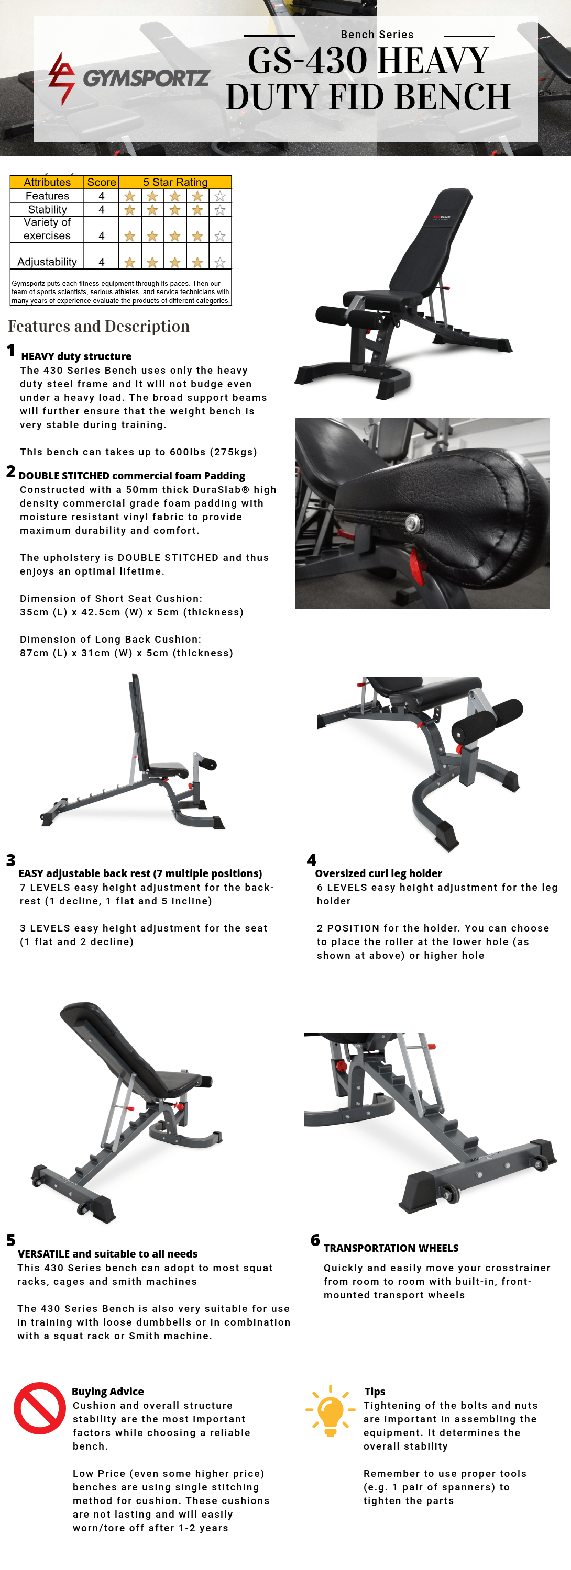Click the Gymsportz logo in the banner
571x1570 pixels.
[129, 78]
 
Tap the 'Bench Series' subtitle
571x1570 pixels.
[377, 35]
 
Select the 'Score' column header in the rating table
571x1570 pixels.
[101, 182]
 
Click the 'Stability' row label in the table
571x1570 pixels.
[48, 209]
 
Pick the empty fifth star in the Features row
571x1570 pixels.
[220, 196]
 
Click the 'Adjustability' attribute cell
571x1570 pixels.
[47, 262]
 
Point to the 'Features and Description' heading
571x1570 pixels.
[99, 326]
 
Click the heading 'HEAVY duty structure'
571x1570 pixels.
[76, 356]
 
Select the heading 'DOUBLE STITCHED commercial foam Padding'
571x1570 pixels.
[132, 476]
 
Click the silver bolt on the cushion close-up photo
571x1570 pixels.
[413, 522]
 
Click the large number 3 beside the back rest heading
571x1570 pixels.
[11, 860]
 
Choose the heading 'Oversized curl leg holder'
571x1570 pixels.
[378, 873]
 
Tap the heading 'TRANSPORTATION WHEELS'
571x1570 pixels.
[391, 1248]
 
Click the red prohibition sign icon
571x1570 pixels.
[40, 1408]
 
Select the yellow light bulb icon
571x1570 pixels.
[330, 1410]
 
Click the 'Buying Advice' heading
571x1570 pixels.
[107, 1392]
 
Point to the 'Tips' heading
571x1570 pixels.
[375, 1392]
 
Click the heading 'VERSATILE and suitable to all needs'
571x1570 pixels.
[107, 1254]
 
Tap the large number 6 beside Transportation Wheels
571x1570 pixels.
[315, 1240]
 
